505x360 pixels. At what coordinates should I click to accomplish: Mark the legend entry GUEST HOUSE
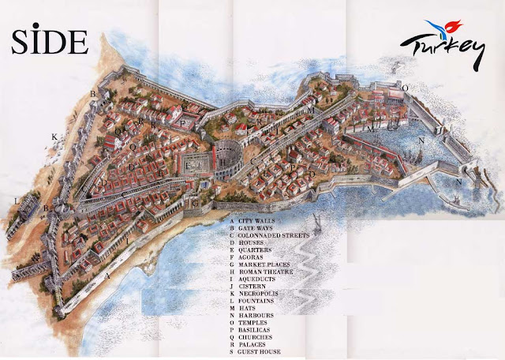point(260,352)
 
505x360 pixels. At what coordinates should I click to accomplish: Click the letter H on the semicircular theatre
point(223,160)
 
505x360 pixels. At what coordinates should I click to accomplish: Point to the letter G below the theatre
point(194,204)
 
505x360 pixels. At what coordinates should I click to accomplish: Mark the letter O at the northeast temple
point(405,88)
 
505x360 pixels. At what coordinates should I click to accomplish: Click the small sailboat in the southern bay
point(314,223)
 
